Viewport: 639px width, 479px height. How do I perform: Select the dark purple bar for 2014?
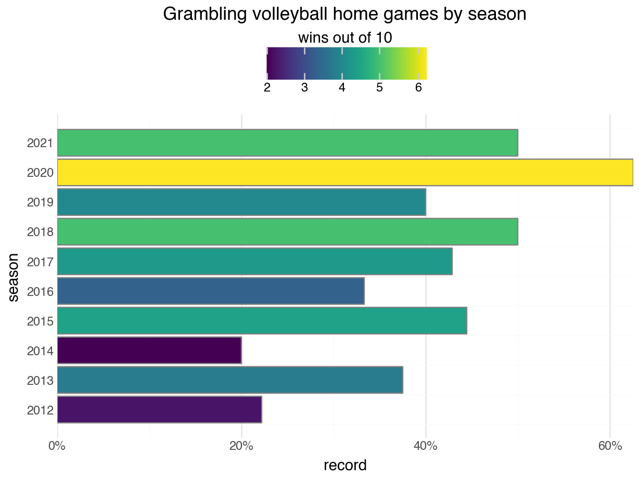149,351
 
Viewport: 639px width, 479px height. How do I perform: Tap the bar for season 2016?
211,291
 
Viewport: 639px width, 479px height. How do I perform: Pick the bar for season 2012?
159,410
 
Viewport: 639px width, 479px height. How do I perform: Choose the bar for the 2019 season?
241,202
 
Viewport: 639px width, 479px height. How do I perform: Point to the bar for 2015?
262,321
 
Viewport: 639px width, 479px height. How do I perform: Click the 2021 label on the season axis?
40,143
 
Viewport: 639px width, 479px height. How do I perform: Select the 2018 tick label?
40,232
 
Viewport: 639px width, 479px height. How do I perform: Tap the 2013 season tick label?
40,381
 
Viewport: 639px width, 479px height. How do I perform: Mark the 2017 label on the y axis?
40,262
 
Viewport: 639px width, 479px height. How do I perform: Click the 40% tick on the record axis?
425,446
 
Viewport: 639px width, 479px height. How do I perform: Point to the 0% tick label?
57,446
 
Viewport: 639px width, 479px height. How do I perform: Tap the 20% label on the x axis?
241,446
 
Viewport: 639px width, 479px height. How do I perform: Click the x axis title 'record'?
345,465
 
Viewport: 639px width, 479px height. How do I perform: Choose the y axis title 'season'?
14,277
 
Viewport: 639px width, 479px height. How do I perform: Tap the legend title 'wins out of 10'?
344,38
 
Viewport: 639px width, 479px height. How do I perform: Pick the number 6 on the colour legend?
418,88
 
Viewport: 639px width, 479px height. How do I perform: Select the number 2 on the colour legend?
267,88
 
